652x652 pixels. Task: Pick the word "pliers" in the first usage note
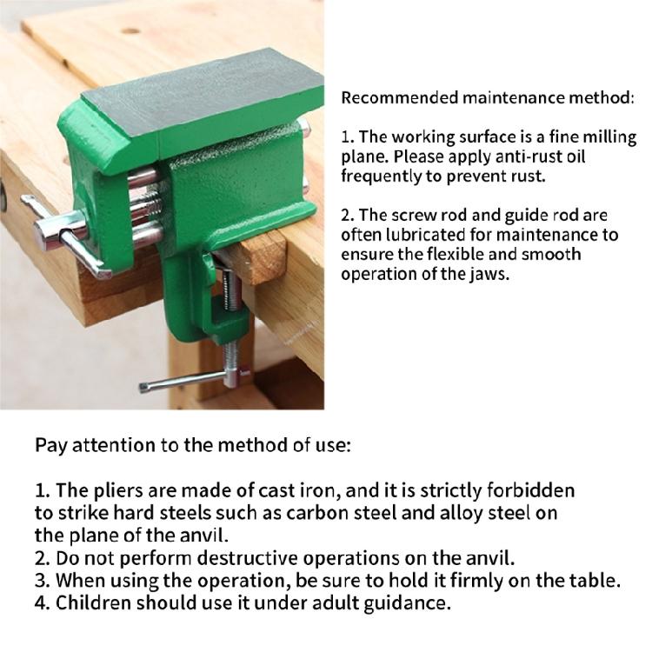click(108, 491)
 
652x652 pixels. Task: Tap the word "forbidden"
click(531, 491)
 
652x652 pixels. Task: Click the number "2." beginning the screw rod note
click(348, 215)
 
